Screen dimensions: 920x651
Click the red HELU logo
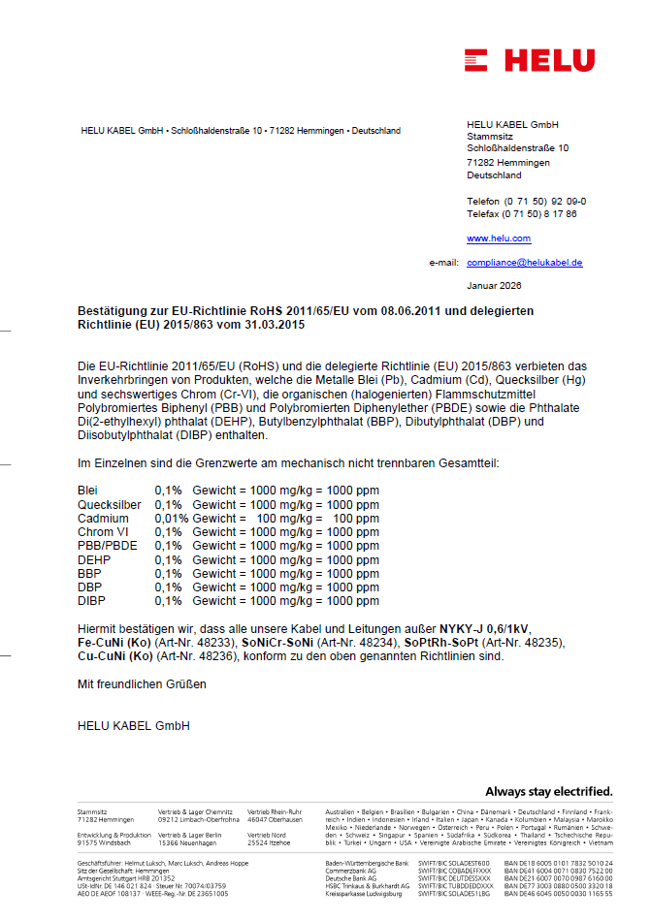pos(529,60)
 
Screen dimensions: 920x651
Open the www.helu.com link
pos(499,238)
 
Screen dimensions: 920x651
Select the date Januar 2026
pos(494,286)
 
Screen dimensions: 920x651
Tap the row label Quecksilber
pos(109,505)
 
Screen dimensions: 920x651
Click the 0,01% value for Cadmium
pos(172,519)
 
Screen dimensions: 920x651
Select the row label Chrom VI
pos(103,532)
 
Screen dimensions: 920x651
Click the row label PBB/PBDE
pos(107,546)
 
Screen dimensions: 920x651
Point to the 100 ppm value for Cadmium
pos(355,519)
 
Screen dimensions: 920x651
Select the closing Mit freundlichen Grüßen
pos(142,683)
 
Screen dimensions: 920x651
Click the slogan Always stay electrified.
pos(548,790)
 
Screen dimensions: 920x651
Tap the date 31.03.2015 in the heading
pos(274,325)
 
